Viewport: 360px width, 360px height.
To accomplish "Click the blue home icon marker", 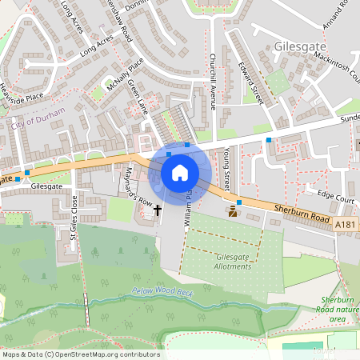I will point(180,173).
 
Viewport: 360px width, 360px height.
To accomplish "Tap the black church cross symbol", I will point(158,210).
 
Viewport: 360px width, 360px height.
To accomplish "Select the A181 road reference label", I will point(345,226).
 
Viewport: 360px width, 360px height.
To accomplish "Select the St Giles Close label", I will point(72,218).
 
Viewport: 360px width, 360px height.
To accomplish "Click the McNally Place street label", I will point(124,74).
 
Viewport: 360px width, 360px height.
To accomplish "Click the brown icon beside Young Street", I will point(234,211).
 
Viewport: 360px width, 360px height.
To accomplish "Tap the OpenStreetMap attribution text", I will point(82,354).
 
